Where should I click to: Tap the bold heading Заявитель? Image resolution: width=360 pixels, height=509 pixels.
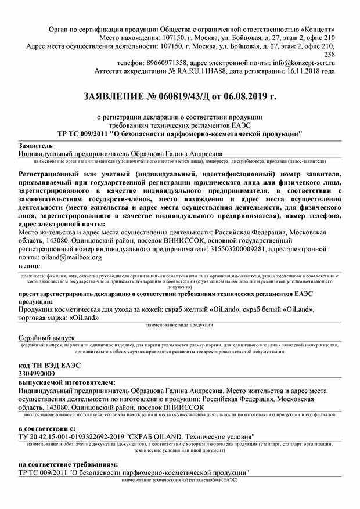pos(36,145)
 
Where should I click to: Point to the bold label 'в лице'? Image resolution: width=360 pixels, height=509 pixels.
pos(30,266)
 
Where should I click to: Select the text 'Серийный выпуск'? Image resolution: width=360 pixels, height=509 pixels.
pos(47,337)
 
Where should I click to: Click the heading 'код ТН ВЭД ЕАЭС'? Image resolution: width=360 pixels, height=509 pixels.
pos(50,365)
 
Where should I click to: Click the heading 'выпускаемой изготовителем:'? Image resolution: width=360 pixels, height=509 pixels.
pos(67,383)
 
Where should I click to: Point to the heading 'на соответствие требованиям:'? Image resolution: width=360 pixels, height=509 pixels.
pos(69,464)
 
